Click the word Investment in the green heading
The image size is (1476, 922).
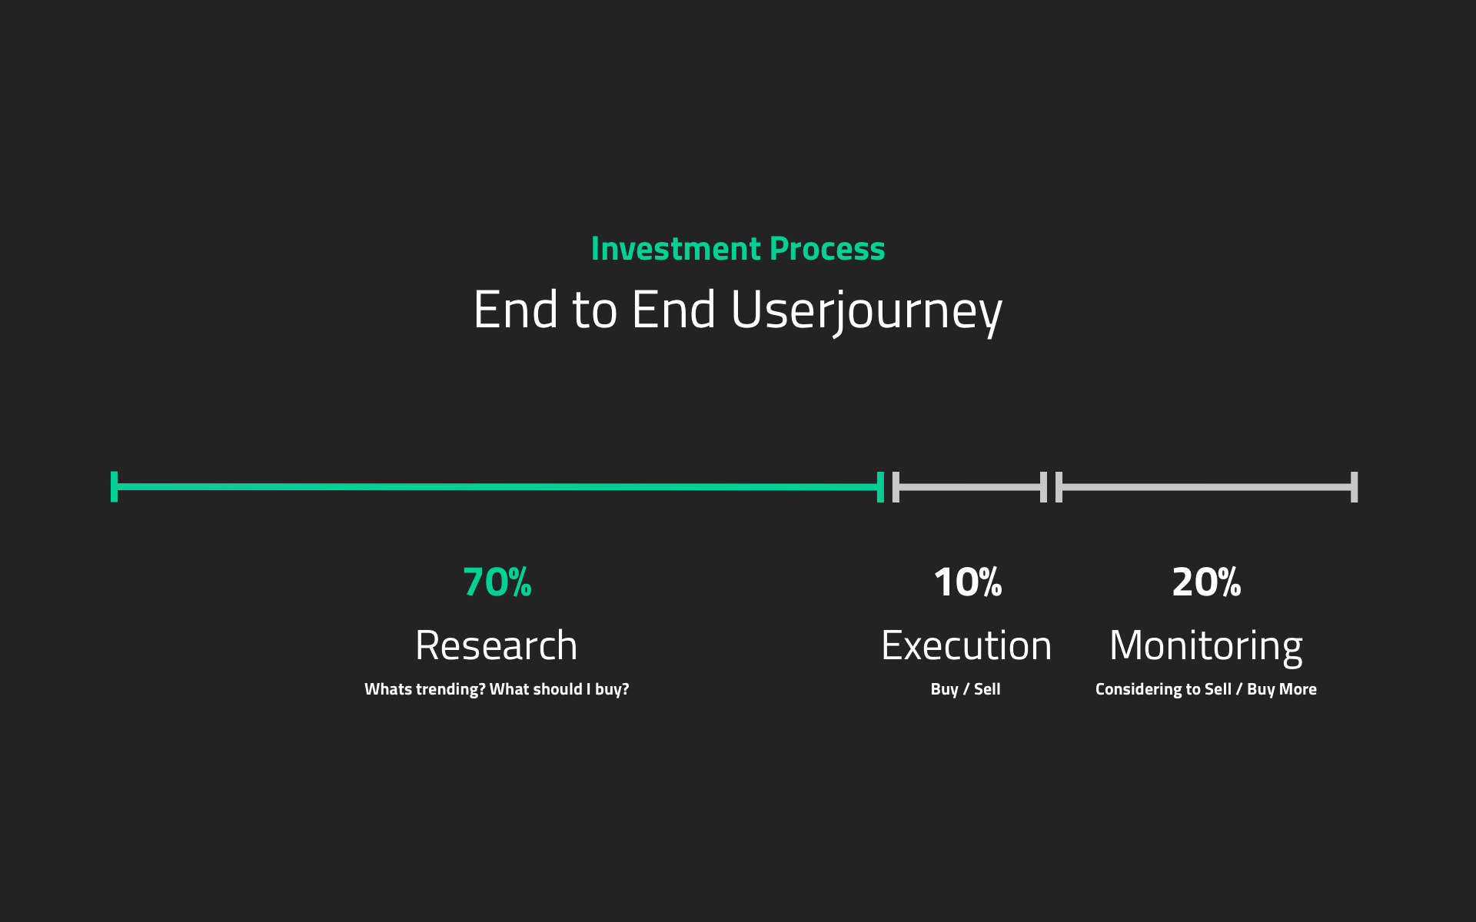point(676,249)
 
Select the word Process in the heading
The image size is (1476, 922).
point(827,249)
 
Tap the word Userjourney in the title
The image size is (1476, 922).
point(866,311)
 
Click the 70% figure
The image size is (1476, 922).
point(497,582)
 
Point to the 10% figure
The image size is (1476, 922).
point(968,582)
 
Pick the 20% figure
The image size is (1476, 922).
point(1206,582)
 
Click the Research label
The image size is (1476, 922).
point(497,645)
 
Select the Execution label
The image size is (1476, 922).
point(966,645)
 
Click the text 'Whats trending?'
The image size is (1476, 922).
point(425,689)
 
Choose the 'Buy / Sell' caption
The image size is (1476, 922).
point(966,689)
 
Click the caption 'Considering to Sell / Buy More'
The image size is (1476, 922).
point(1206,689)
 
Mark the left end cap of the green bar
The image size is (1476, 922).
point(114,487)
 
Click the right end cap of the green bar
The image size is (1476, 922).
point(880,487)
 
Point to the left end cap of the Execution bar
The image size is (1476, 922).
point(896,487)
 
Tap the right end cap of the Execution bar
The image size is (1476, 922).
point(1043,487)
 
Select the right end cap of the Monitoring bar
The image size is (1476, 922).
point(1355,487)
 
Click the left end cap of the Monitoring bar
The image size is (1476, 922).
point(1059,487)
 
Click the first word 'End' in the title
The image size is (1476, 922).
point(516,310)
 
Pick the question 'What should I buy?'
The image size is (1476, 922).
point(559,689)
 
